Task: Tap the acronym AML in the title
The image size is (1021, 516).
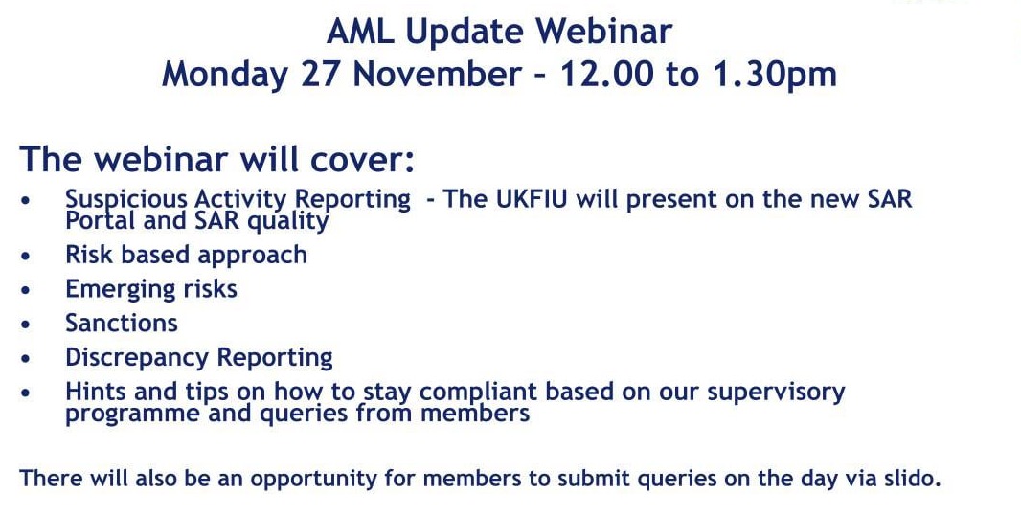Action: (x=360, y=32)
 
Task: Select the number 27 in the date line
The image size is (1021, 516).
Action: (x=321, y=74)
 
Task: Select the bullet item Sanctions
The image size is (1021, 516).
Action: (x=122, y=324)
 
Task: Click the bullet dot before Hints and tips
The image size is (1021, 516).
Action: (x=26, y=393)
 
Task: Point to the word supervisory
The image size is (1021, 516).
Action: (x=776, y=393)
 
